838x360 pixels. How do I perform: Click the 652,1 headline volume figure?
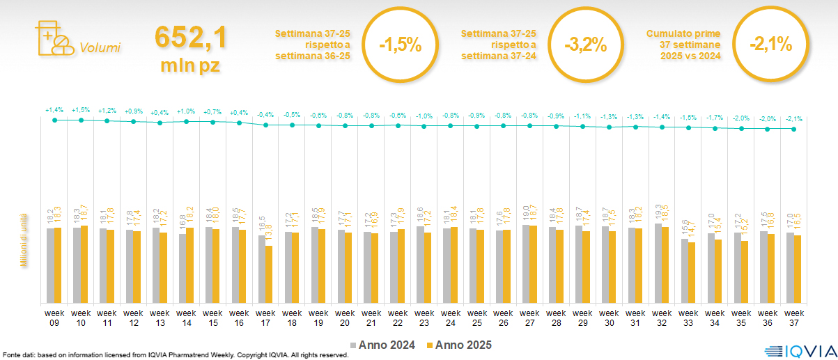[x=190, y=38]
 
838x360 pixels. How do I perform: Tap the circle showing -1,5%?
[x=400, y=45]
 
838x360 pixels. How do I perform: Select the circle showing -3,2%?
[x=585, y=45]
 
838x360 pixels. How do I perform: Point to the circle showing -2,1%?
[x=770, y=45]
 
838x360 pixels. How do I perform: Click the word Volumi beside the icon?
[x=100, y=48]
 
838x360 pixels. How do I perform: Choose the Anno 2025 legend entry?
[x=459, y=345]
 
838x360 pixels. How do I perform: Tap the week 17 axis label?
[x=265, y=317]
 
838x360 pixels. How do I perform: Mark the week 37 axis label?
[x=794, y=317]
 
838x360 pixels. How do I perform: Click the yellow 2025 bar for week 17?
[x=269, y=274]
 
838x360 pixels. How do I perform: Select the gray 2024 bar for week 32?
[x=658, y=263]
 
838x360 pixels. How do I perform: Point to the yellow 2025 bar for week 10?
[x=84, y=264]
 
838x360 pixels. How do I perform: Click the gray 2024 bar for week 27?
[x=526, y=263]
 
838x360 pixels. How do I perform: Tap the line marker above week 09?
[x=54, y=120]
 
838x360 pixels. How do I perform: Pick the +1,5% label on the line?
[x=81, y=110]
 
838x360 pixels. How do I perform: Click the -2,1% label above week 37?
[x=794, y=119]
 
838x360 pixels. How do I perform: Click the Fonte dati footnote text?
[x=175, y=355]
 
